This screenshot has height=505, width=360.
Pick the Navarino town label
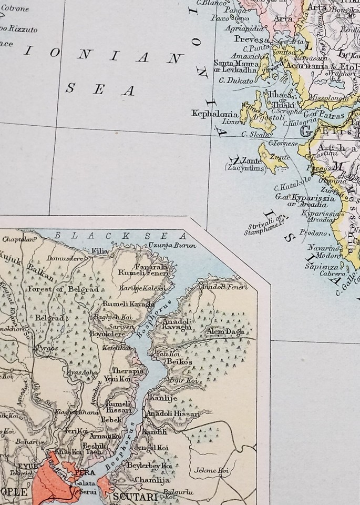tap(330, 248)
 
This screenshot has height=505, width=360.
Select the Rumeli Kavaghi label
tap(124, 304)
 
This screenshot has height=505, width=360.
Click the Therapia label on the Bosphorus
tap(128, 370)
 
